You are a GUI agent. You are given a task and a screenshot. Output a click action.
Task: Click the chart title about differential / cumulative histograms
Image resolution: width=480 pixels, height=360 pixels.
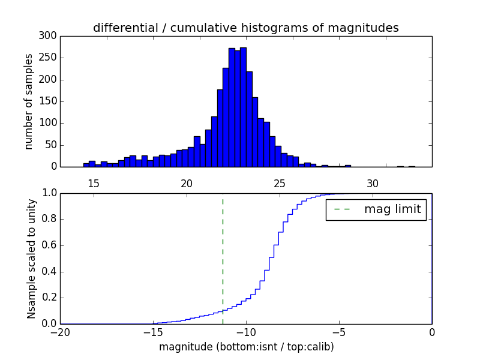pyautogui.click(x=245, y=28)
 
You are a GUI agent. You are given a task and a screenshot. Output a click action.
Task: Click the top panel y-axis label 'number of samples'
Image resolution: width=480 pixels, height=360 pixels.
pyautogui.click(x=29, y=101)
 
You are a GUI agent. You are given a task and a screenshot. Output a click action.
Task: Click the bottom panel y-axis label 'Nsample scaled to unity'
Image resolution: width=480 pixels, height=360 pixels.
pyautogui.click(x=31, y=258)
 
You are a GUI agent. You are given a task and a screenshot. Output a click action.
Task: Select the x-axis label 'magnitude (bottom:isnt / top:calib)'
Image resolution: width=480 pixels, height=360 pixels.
pyautogui.click(x=246, y=347)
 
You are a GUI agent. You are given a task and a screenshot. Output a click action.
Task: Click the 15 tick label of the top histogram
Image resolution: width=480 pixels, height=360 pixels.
pyautogui.click(x=94, y=183)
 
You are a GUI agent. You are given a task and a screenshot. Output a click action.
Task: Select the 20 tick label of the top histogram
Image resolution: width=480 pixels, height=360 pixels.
pyautogui.click(x=187, y=183)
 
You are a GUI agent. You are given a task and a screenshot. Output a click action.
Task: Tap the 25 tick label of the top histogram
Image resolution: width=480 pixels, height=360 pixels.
pyautogui.click(x=280, y=183)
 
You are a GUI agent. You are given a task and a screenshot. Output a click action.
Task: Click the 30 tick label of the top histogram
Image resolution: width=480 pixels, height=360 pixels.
pyautogui.click(x=373, y=183)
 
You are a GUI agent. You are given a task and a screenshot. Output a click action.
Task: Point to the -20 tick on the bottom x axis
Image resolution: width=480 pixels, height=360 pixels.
pyautogui.click(x=60, y=332)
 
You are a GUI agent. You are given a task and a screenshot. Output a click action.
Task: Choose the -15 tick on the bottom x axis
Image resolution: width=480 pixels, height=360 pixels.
pyautogui.click(x=153, y=332)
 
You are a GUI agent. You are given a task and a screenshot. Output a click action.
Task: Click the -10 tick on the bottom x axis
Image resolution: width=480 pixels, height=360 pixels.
pyautogui.click(x=246, y=332)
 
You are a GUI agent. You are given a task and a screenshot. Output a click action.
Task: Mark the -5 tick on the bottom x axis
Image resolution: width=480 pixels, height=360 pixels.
pyautogui.click(x=339, y=332)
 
